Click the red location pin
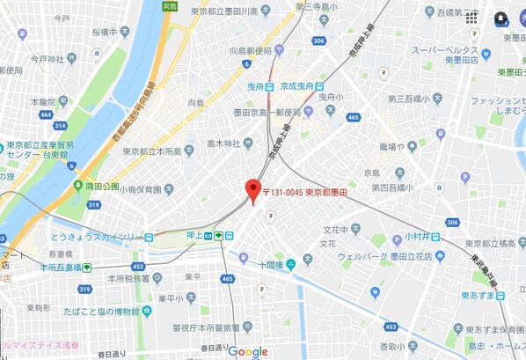pyautogui.click(x=252, y=190)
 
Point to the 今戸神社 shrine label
pyautogui.click(x=48, y=59)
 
